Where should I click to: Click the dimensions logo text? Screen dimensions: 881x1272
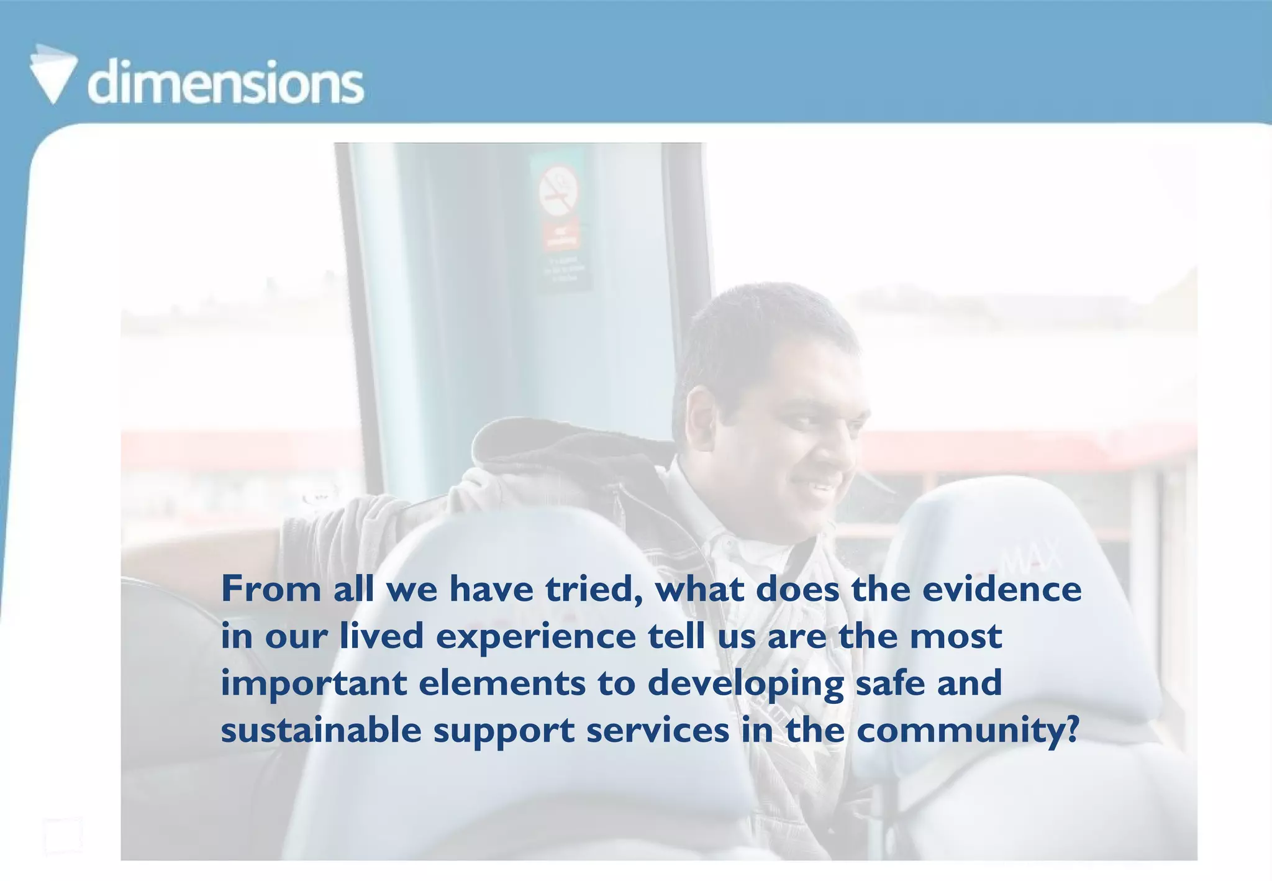226,82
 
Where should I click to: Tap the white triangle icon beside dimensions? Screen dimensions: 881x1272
53,75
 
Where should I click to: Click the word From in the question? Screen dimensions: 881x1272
271,589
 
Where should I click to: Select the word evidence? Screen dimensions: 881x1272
1001,589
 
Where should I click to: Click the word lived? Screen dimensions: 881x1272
381,636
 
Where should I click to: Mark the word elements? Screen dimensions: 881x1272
502,683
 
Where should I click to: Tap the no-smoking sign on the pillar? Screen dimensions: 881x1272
558,189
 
